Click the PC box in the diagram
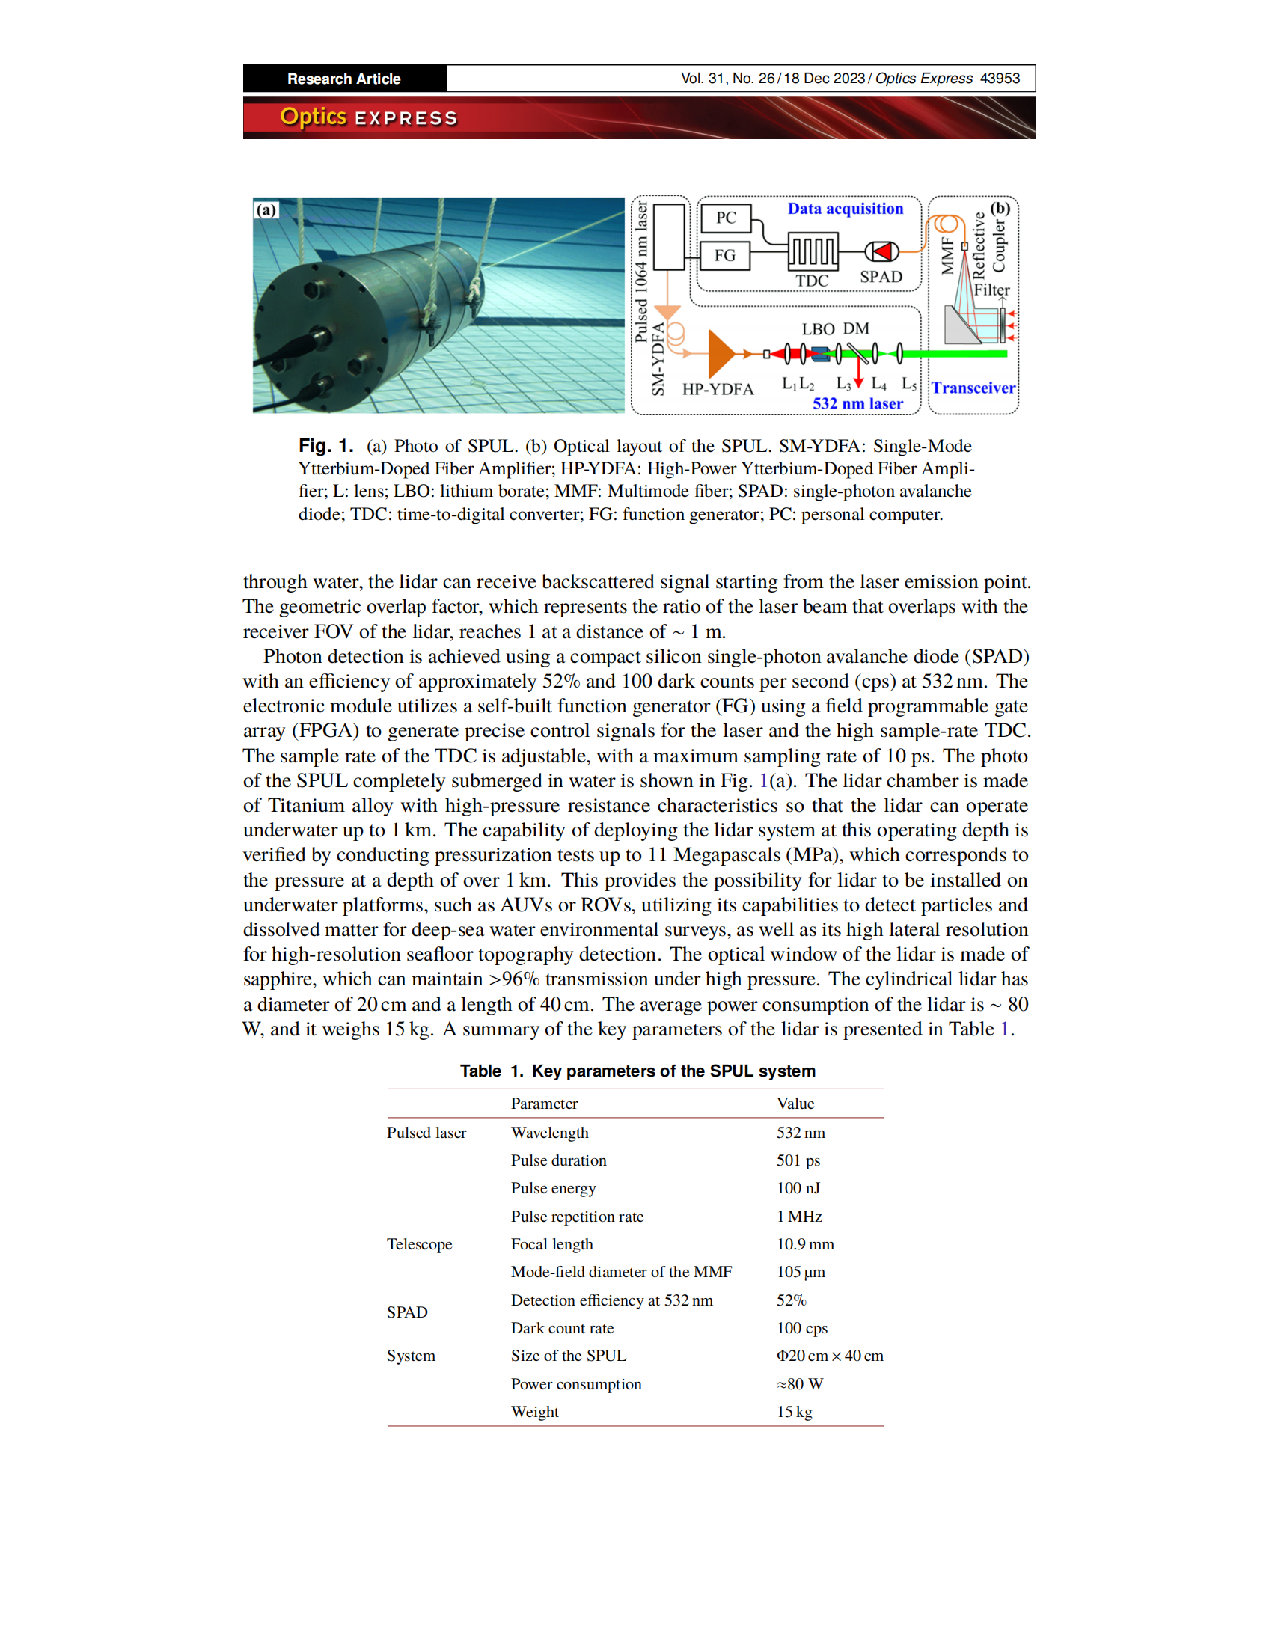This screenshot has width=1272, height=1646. [725, 218]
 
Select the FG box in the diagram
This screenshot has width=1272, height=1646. [725, 254]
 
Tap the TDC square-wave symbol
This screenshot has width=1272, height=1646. [813, 251]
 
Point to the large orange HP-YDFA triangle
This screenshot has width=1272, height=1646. [721, 353]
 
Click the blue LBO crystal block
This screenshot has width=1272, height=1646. [819, 352]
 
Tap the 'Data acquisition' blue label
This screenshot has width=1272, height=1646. [845, 209]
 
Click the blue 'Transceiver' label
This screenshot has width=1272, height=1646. [973, 388]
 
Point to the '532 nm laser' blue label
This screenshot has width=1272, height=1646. [857, 404]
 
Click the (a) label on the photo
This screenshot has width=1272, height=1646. [266, 210]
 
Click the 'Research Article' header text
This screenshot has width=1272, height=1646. [343, 79]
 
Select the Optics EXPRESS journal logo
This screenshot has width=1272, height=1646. [368, 117]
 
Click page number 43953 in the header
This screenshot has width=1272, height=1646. [999, 79]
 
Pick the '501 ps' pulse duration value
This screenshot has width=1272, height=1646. [798, 1160]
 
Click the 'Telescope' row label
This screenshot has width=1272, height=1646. [419, 1244]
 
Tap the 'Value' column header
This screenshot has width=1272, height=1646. [795, 1104]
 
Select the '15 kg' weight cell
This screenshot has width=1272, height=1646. [794, 1412]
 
